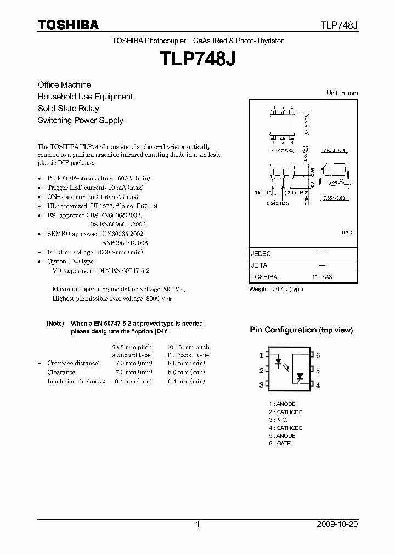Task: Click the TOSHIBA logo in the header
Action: (68, 25)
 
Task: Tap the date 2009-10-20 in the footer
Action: (337, 524)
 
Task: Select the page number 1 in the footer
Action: (198, 524)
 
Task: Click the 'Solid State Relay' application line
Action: (68, 109)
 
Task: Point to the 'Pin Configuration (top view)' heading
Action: (301, 330)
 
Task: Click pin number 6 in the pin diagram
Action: (318, 355)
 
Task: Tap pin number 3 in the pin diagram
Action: (261, 385)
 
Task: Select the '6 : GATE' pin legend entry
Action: (280, 443)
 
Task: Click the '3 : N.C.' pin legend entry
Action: (278, 420)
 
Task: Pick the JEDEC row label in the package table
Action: (261, 254)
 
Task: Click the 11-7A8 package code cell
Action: (321, 277)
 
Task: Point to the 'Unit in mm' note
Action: (342, 93)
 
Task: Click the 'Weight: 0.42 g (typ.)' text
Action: (276, 289)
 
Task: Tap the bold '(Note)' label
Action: (55, 324)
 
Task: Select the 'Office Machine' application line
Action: (64, 85)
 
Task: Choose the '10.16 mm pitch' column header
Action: (188, 347)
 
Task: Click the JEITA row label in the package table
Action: (259, 265)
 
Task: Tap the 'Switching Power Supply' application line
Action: (80, 121)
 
